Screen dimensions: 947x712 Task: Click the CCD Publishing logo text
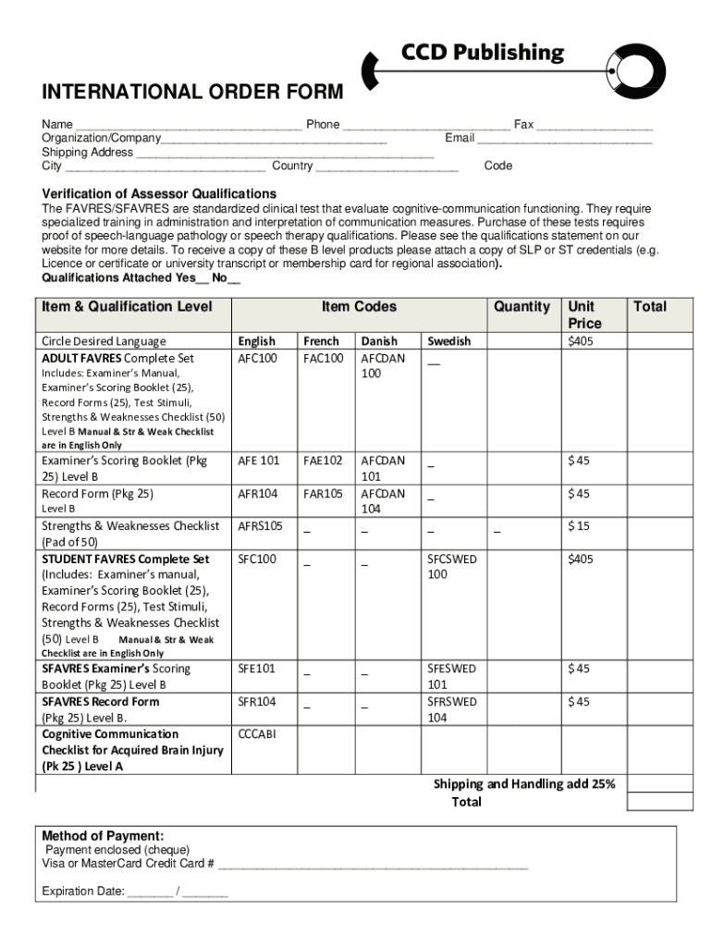(482, 53)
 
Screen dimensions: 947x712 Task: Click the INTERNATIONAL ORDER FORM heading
(191, 92)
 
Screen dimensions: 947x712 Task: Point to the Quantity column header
(522, 307)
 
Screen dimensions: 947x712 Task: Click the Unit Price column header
(584, 315)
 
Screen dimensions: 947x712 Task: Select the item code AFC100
(258, 358)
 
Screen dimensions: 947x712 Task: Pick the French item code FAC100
(323, 358)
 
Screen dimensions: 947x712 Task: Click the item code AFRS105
(260, 526)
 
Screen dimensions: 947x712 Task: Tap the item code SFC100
(257, 560)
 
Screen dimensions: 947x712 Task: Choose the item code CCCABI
(256, 734)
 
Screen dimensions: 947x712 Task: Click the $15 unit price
(579, 526)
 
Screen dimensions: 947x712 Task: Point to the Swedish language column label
(448, 341)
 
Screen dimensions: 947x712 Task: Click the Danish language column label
(379, 341)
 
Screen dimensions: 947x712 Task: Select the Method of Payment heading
(103, 836)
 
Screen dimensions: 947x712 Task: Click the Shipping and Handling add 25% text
(524, 784)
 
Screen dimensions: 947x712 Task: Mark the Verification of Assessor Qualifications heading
(159, 194)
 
